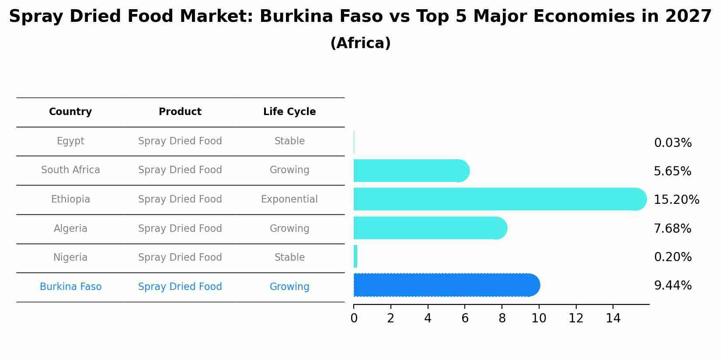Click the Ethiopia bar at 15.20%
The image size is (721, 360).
tap(498, 199)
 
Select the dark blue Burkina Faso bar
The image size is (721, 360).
tap(446, 285)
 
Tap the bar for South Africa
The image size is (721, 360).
tap(411, 171)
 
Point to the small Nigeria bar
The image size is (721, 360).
tap(355, 256)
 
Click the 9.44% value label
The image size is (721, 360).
tap(672, 286)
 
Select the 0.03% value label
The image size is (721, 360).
tap(672, 143)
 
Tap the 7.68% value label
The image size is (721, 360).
tap(672, 228)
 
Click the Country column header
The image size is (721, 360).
tap(70, 112)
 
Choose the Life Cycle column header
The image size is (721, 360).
tap(289, 112)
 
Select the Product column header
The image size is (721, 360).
tap(180, 112)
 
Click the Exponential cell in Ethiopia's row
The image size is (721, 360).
tap(289, 199)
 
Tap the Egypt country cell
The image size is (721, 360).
tap(70, 141)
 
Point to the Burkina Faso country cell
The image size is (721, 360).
tap(70, 287)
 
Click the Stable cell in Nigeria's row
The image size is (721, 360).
tap(289, 257)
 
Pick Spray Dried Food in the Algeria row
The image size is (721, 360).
tap(180, 228)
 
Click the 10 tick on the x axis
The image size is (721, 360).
tap(539, 318)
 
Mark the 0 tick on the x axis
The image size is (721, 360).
tap(354, 318)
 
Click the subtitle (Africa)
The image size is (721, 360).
tap(360, 43)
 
